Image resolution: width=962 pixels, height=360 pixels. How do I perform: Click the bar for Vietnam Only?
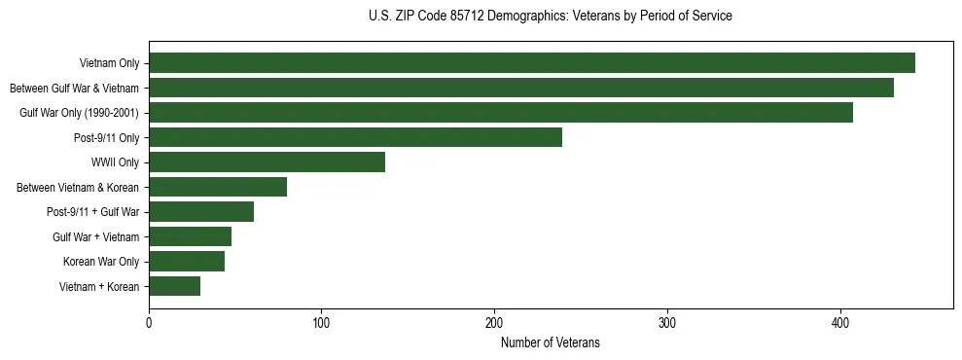coord(532,63)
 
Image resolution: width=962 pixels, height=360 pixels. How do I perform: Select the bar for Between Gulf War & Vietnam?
coord(521,88)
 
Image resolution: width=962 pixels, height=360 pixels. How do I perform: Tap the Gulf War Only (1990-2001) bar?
coord(501,113)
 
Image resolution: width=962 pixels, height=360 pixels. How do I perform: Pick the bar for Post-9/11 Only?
coord(355,137)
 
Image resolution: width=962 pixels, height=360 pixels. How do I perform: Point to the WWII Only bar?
coord(267,162)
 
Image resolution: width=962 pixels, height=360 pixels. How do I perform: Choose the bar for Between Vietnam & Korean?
coord(218,187)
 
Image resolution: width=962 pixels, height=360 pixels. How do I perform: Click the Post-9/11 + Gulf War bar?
coord(201,212)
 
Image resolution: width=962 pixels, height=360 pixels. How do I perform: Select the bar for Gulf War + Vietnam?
coord(190,236)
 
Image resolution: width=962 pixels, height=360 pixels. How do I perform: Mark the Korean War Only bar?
coord(187,262)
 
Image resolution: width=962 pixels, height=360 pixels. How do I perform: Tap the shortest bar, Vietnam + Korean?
coord(174,286)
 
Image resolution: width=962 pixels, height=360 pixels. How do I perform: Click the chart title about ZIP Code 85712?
coord(551,17)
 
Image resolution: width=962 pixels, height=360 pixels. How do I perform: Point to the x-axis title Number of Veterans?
coord(551,342)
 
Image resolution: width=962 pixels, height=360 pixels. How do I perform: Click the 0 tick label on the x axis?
coord(149,323)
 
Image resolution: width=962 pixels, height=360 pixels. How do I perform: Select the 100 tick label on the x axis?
coord(322,323)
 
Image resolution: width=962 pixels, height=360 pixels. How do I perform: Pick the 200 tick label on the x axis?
coord(495,323)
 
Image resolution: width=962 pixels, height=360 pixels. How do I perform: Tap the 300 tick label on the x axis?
coord(667,323)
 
